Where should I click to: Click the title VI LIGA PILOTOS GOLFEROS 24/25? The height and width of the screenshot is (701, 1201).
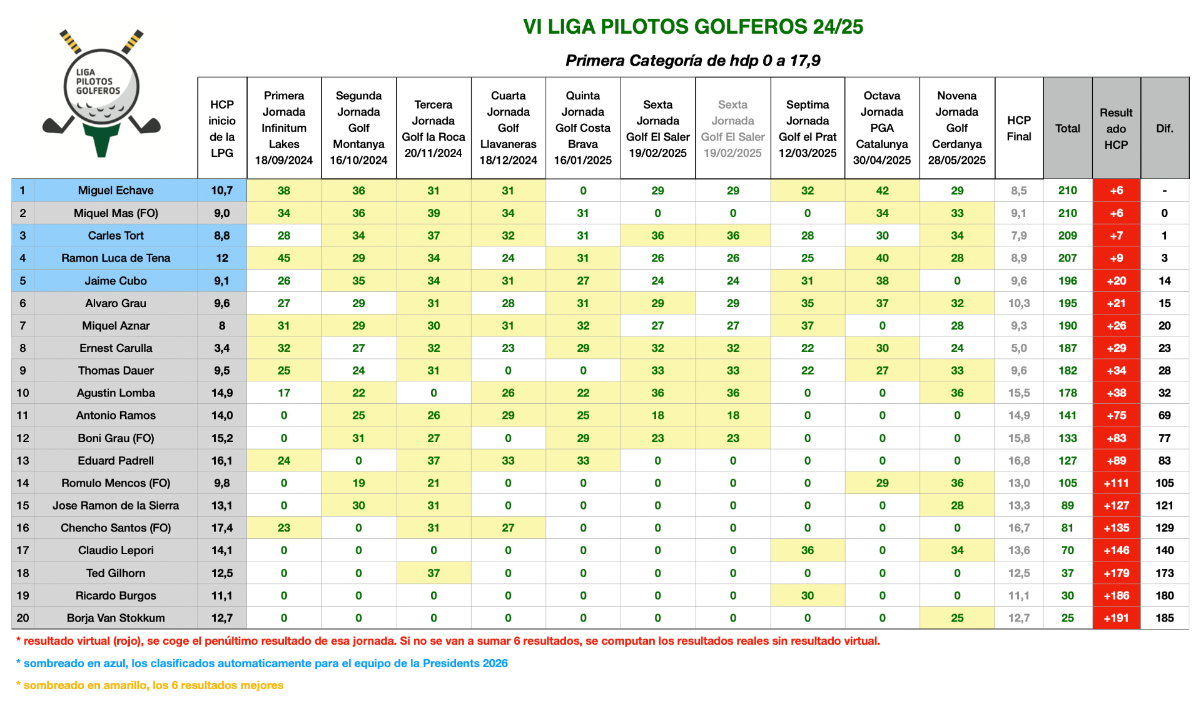point(693,27)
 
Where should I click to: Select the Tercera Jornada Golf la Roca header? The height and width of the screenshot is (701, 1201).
point(433,129)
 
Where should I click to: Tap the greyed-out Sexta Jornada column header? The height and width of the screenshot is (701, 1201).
point(732,129)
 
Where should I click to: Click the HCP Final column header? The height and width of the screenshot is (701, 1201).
point(1019,128)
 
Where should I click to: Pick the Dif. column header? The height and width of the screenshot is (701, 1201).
point(1165,128)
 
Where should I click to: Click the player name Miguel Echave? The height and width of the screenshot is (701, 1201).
point(116,190)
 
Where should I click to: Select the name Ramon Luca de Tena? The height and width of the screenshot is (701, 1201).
point(116,258)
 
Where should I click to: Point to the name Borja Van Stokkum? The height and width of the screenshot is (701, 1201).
point(116,618)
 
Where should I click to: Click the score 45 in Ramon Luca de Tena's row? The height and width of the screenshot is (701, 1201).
point(284,258)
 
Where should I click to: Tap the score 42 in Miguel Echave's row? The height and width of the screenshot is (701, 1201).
point(882,191)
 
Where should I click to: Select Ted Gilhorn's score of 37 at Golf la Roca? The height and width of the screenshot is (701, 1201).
point(433,573)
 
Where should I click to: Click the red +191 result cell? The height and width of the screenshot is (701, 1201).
point(1117,618)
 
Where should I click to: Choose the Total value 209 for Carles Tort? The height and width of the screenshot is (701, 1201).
point(1068,236)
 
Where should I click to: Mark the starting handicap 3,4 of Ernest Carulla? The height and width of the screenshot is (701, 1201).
point(222,348)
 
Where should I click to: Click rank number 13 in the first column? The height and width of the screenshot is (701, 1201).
point(23,461)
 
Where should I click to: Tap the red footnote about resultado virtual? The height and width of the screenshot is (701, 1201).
point(448,641)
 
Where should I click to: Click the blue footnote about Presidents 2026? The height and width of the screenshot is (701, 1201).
point(261,663)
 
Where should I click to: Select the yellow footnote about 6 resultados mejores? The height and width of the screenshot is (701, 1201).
point(149,685)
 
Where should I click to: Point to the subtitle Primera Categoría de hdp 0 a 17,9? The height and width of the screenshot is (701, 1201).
point(693,61)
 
